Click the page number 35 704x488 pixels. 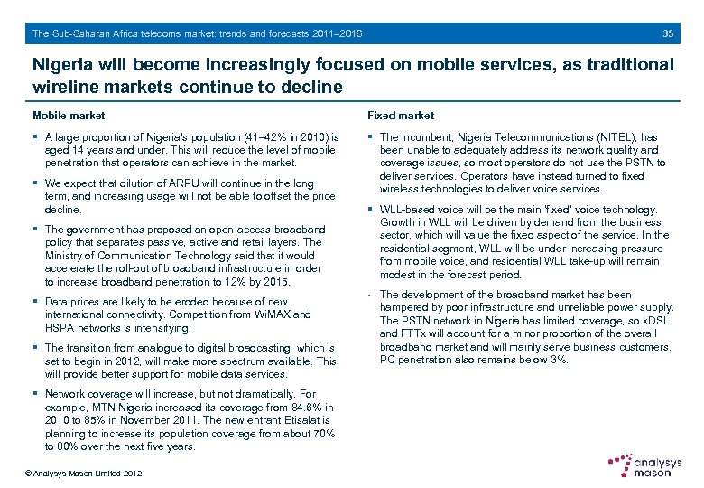pos(668,33)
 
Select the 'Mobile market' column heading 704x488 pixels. pos(69,116)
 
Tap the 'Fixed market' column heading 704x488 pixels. pos(400,116)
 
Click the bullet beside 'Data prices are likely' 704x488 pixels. pos(35,302)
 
